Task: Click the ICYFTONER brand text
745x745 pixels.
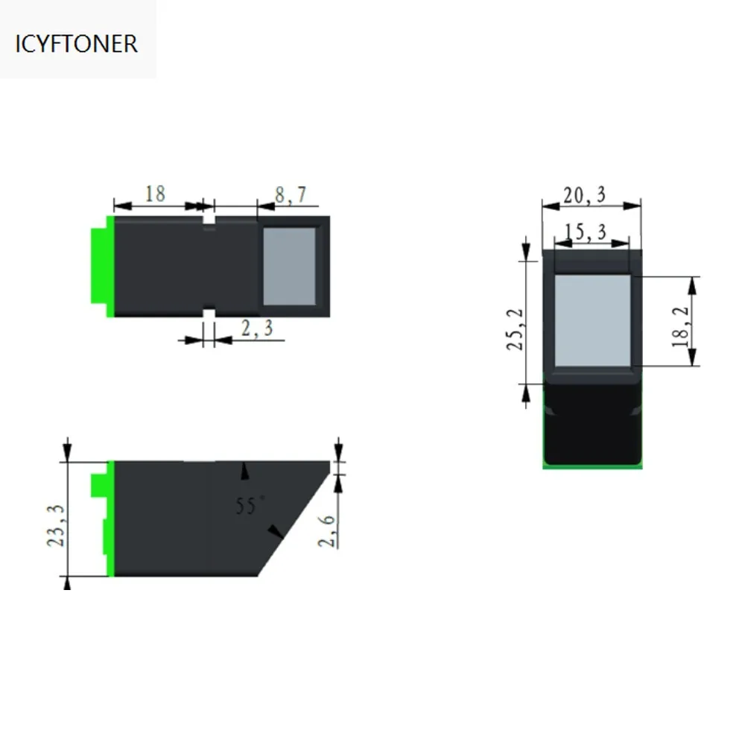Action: [x=77, y=43]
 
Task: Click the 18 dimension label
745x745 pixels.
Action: [x=154, y=194]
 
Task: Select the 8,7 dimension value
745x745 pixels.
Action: [x=290, y=195]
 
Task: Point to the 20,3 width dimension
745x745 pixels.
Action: [x=584, y=195]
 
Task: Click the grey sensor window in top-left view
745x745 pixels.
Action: [x=290, y=266]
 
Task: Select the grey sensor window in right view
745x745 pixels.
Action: [x=592, y=320]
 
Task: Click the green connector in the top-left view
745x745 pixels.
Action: [x=100, y=266]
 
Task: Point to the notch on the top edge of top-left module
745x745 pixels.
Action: [x=209, y=221]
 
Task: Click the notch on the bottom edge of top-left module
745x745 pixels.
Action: [x=209, y=313]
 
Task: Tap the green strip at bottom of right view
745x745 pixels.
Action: [x=592, y=466]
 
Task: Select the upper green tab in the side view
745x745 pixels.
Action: [x=98, y=485]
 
